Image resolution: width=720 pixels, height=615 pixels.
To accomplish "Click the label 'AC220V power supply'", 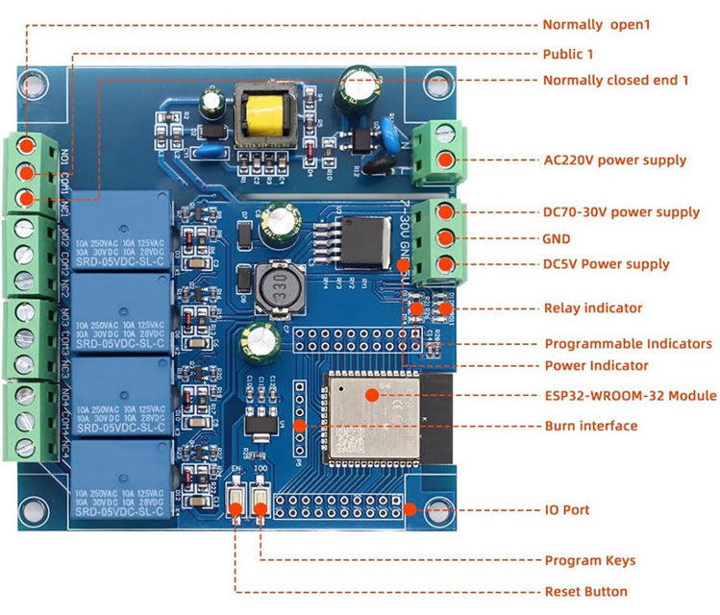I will [614, 160].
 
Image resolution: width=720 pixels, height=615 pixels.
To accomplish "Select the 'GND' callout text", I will [559, 238].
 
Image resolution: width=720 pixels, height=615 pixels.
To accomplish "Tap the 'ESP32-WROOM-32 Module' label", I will [630, 395].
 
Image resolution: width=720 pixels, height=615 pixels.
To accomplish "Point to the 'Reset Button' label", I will [585, 591].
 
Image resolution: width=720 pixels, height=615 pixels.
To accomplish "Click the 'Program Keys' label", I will [589, 560].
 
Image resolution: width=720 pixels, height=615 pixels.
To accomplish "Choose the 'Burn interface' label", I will [590, 426].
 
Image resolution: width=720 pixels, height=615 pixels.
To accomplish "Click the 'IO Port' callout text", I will [566, 510].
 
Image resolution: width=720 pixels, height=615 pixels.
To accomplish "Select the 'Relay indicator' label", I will [593, 308].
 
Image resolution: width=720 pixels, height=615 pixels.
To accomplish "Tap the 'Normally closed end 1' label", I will [615, 80].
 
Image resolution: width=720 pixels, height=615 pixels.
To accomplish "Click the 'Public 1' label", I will [568, 54].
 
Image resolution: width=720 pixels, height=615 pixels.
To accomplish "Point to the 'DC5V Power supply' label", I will [606, 264].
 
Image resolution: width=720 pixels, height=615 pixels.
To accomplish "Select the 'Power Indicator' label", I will [596, 365].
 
